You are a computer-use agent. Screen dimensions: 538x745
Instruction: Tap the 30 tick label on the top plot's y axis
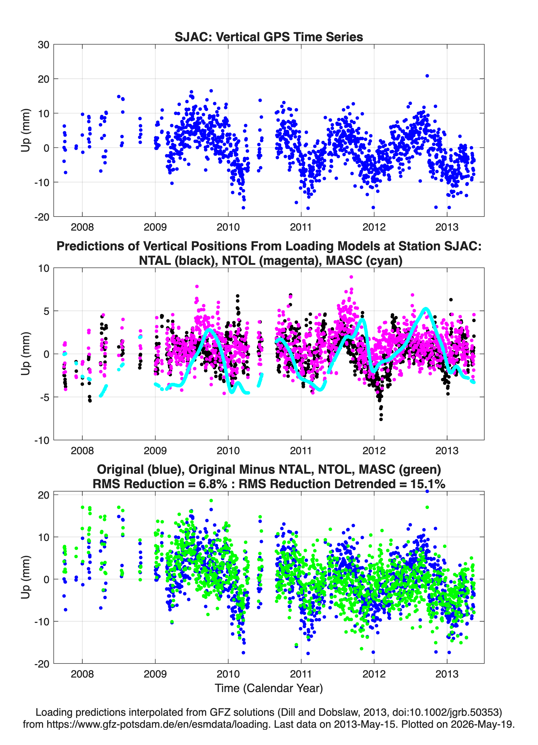coord(43,45)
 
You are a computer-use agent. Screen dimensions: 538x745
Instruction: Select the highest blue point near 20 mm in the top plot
coord(427,76)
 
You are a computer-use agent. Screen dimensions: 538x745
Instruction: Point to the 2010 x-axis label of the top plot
coord(228,227)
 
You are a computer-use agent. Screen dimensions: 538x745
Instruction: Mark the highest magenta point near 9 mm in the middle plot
coord(351,277)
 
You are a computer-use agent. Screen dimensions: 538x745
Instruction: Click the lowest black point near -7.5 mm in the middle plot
coord(381,419)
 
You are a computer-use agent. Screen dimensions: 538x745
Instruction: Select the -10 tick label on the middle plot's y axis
coord(42,440)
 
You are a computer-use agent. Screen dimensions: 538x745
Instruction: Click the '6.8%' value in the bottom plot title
coord(213,484)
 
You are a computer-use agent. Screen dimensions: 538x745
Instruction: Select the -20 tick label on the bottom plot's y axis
coord(42,664)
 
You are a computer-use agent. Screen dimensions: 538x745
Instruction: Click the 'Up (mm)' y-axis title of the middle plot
coord(26,354)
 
